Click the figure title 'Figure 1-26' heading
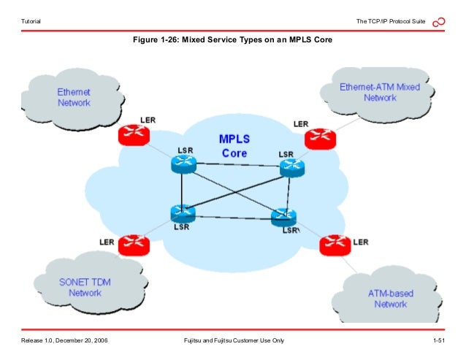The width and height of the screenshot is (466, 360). tap(232, 39)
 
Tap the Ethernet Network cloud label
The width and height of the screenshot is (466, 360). tap(74, 98)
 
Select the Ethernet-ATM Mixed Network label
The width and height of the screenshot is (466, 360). tap(380, 92)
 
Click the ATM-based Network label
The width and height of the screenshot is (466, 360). tap(390, 299)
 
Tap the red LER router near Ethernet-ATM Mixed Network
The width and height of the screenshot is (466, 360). tap(318, 137)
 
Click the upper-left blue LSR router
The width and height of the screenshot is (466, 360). tap(183, 165)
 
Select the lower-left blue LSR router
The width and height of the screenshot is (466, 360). tap(182, 213)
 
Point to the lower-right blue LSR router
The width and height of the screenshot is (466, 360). tap(283, 217)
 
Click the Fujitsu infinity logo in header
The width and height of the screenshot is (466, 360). tap(439, 23)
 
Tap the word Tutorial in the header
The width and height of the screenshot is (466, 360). tap(31, 23)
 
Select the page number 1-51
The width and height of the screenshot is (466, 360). tap(439, 340)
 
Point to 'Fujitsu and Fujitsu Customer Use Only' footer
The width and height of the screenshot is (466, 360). tap(233, 340)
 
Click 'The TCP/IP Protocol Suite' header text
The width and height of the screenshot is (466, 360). tap(391, 23)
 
